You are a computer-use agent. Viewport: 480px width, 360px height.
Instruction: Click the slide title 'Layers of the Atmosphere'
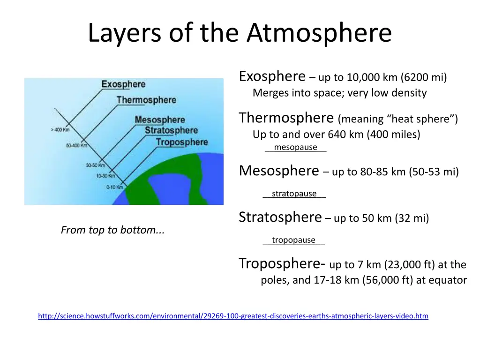click(x=240, y=34)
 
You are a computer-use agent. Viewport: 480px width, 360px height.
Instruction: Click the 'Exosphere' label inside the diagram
click(x=123, y=84)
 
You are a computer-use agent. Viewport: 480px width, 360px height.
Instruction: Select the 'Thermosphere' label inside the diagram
click(x=146, y=100)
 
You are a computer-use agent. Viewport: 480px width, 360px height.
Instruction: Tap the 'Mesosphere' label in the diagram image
click(x=160, y=120)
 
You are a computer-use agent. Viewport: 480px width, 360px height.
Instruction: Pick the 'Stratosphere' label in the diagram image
click(x=171, y=130)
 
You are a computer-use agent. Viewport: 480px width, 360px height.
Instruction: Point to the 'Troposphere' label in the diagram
click(x=182, y=142)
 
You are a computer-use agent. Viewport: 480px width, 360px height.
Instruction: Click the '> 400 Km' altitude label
click(x=60, y=130)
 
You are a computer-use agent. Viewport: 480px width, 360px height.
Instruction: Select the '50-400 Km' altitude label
click(x=76, y=145)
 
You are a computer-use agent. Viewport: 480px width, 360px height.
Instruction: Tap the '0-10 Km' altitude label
click(x=114, y=187)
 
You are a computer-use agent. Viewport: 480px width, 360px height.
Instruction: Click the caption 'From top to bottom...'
click(x=112, y=230)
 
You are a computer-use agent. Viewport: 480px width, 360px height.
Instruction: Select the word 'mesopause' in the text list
click(x=295, y=148)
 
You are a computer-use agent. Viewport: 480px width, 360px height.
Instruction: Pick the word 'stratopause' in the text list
click(x=294, y=194)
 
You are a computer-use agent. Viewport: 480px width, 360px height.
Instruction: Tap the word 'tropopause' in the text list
click(x=293, y=240)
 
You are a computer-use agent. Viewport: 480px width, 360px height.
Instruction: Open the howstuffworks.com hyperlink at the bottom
click(x=233, y=316)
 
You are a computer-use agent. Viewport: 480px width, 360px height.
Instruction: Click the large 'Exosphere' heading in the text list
click(x=272, y=76)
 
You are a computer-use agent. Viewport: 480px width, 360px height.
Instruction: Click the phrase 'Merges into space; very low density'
click(x=339, y=93)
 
